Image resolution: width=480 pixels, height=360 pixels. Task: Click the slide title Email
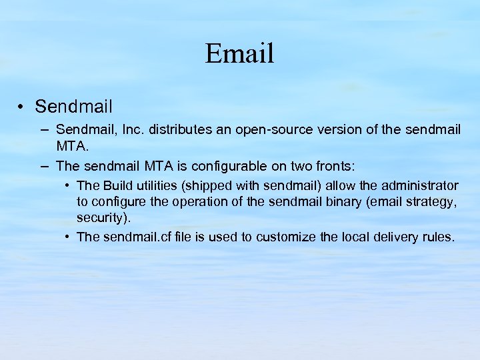239,53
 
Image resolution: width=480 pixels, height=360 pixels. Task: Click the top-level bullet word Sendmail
73,106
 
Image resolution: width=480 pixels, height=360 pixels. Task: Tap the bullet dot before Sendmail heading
22,107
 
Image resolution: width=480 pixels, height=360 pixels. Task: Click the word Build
116,185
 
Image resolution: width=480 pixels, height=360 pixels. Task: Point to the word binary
343,202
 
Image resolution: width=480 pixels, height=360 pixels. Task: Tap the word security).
103,218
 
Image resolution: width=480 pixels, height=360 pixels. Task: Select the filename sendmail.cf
136,237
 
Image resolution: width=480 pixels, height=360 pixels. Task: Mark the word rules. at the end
437,237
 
